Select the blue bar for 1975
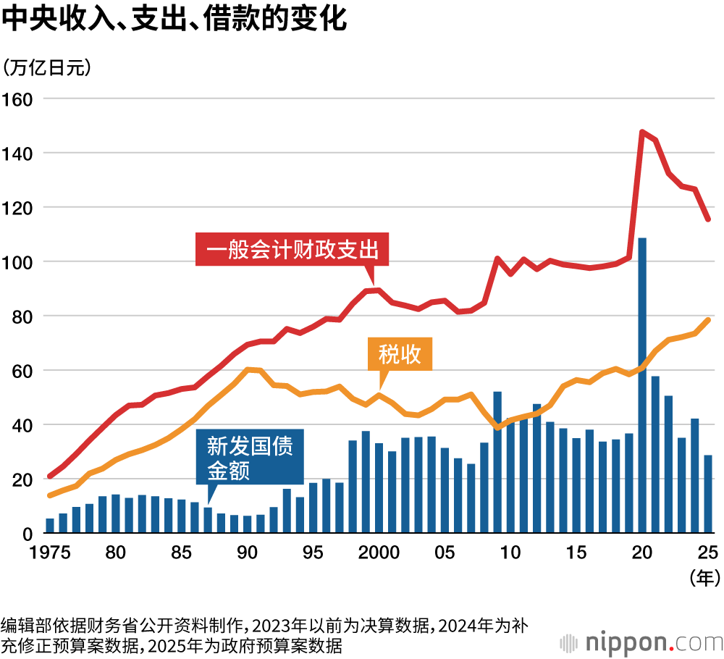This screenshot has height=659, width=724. pos(50,526)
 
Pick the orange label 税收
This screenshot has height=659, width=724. pos(400,355)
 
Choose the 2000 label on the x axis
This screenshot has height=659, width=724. pos(379,553)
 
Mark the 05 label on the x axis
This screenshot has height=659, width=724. pos(445,553)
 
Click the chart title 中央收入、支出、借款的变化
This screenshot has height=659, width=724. pos(174,20)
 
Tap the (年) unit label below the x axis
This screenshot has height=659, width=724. pos(703,577)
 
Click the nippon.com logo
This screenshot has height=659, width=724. pos(641,642)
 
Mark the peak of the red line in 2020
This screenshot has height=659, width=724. pos(641,132)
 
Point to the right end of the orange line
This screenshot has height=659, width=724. pos(708,320)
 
